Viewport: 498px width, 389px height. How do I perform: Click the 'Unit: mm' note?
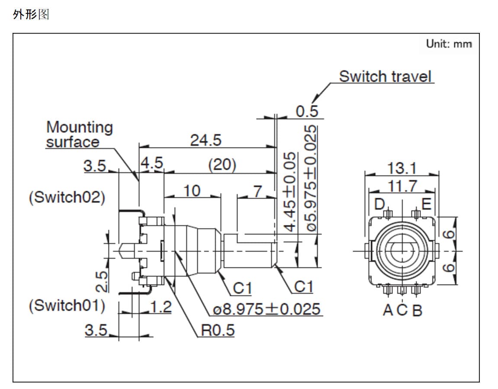(x=449, y=44)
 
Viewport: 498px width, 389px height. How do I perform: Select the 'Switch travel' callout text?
(x=385, y=77)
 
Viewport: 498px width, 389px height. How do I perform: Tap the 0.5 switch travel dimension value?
(x=307, y=111)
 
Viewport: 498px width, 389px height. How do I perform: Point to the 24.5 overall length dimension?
(x=206, y=140)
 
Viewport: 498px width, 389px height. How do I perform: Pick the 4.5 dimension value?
(x=151, y=163)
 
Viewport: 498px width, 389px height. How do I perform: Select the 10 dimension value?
(x=192, y=190)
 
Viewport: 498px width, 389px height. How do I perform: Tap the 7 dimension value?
(x=258, y=190)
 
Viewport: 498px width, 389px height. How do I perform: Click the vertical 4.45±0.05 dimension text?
(x=292, y=191)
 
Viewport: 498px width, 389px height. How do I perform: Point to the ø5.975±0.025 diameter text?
(x=311, y=178)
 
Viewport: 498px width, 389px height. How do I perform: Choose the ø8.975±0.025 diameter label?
(x=267, y=309)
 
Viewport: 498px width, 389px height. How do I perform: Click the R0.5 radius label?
(x=218, y=330)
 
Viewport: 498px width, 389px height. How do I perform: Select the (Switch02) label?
(x=67, y=197)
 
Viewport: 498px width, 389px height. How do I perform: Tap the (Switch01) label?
(x=67, y=305)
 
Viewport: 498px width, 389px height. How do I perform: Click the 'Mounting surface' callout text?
(x=79, y=135)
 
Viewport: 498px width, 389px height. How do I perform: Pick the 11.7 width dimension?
(x=402, y=186)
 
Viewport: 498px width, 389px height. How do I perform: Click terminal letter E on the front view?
(x=426, y=203)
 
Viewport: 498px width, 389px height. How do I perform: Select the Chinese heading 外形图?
(x=31, y=15)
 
